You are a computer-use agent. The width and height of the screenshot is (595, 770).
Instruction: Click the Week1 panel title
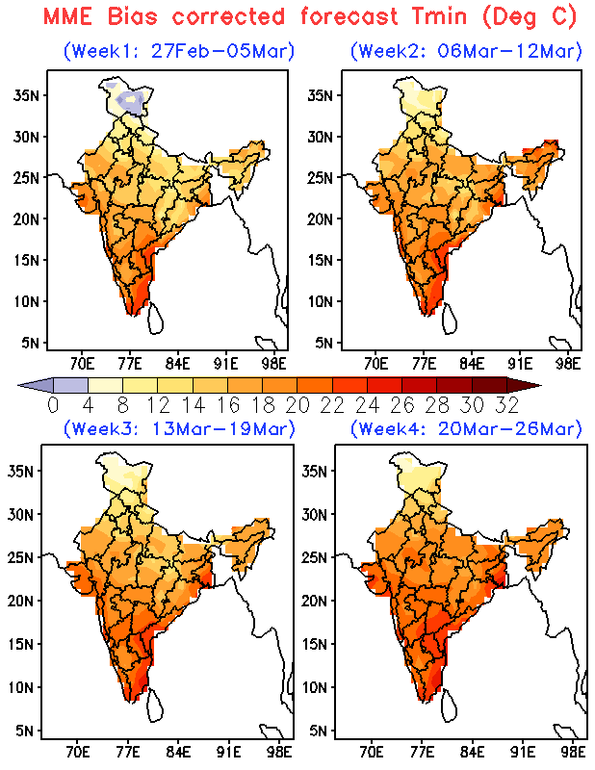(178, 50)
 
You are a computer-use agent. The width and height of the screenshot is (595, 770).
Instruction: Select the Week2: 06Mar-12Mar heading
(466, 50)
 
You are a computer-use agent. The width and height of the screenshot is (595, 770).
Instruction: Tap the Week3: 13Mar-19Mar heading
(178, 428)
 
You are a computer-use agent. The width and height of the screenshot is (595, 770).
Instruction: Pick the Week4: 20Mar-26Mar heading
(466, 428)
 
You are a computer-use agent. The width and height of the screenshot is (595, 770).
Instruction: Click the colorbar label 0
(54, 404)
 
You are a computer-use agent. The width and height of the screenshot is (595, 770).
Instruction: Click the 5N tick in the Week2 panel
(323, 342)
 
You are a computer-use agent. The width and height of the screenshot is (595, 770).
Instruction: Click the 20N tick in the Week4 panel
(319, 600)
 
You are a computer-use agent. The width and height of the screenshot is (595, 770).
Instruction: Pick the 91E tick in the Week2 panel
(521, 363)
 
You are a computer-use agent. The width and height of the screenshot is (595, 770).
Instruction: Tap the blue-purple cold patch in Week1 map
(126, 100)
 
